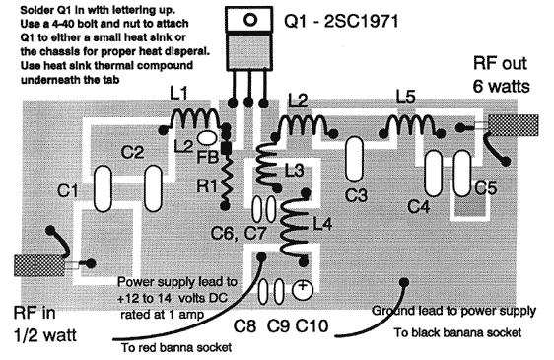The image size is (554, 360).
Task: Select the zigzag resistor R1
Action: [x=226, y=178]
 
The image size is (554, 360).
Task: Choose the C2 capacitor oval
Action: [x=152, y=184]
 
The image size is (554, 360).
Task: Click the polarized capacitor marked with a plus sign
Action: [x=304, y=289]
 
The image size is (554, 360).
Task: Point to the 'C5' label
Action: [x=486, y=187]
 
